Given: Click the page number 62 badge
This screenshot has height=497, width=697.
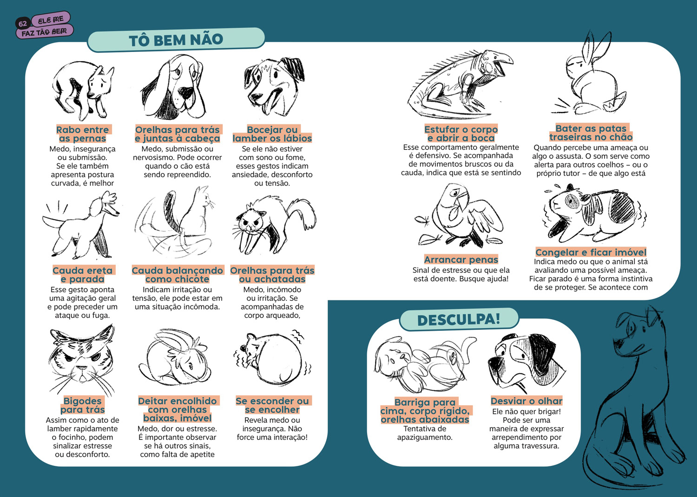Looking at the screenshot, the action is point(23,24).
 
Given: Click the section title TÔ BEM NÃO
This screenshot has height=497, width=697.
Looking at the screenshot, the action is point(176,40).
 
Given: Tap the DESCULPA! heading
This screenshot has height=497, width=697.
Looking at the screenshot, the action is point(459,320).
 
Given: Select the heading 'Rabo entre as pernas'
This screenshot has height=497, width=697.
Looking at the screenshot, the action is point(82,134).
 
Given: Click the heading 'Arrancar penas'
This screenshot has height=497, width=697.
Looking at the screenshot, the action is point(461,259).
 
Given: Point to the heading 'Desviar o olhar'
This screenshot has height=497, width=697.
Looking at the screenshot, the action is point(526,401).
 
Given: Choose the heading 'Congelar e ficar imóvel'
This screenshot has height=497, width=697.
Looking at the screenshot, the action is point(591,252).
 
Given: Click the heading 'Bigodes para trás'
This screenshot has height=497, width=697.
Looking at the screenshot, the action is point(82,405).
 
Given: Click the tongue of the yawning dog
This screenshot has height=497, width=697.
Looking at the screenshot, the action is point(268,105).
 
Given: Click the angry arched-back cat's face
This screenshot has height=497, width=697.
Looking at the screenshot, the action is point(251,221).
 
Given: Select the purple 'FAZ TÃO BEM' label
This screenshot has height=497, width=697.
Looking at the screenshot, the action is point(45,32).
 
